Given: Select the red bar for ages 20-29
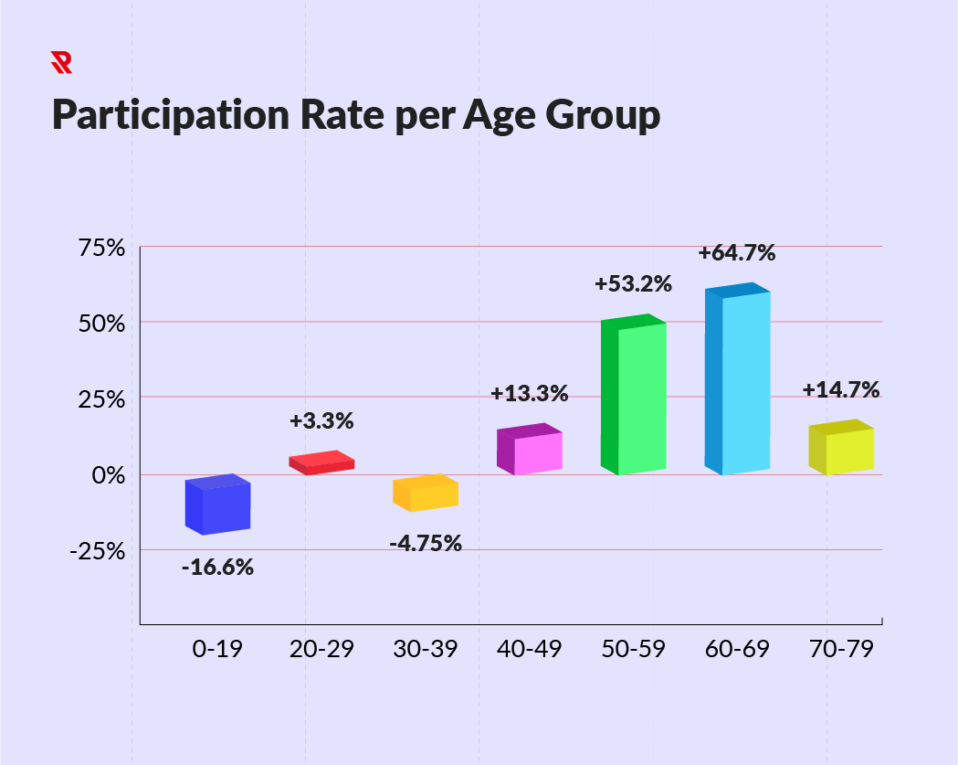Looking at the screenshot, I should pos(321,463).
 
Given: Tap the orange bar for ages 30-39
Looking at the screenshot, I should pos(426,494).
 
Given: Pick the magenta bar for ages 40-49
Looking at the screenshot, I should pos(530,450).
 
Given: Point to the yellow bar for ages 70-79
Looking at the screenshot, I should pos(842,448).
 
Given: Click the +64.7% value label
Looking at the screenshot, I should pos(736,253).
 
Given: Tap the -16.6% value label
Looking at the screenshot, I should pos(217,568).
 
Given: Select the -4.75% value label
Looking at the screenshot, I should pos(426,544).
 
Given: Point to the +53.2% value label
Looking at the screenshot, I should pos(633,284).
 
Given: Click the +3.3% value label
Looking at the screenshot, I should pos(321,422).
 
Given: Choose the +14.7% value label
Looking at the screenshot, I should pos(841,390).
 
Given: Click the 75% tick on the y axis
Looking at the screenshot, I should pos(101,248).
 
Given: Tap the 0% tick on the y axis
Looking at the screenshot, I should pos(108,475).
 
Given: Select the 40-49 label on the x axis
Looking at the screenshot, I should pos(530,649).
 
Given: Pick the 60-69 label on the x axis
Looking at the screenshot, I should pos(737,649).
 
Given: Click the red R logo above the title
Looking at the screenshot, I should pos(61,62).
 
